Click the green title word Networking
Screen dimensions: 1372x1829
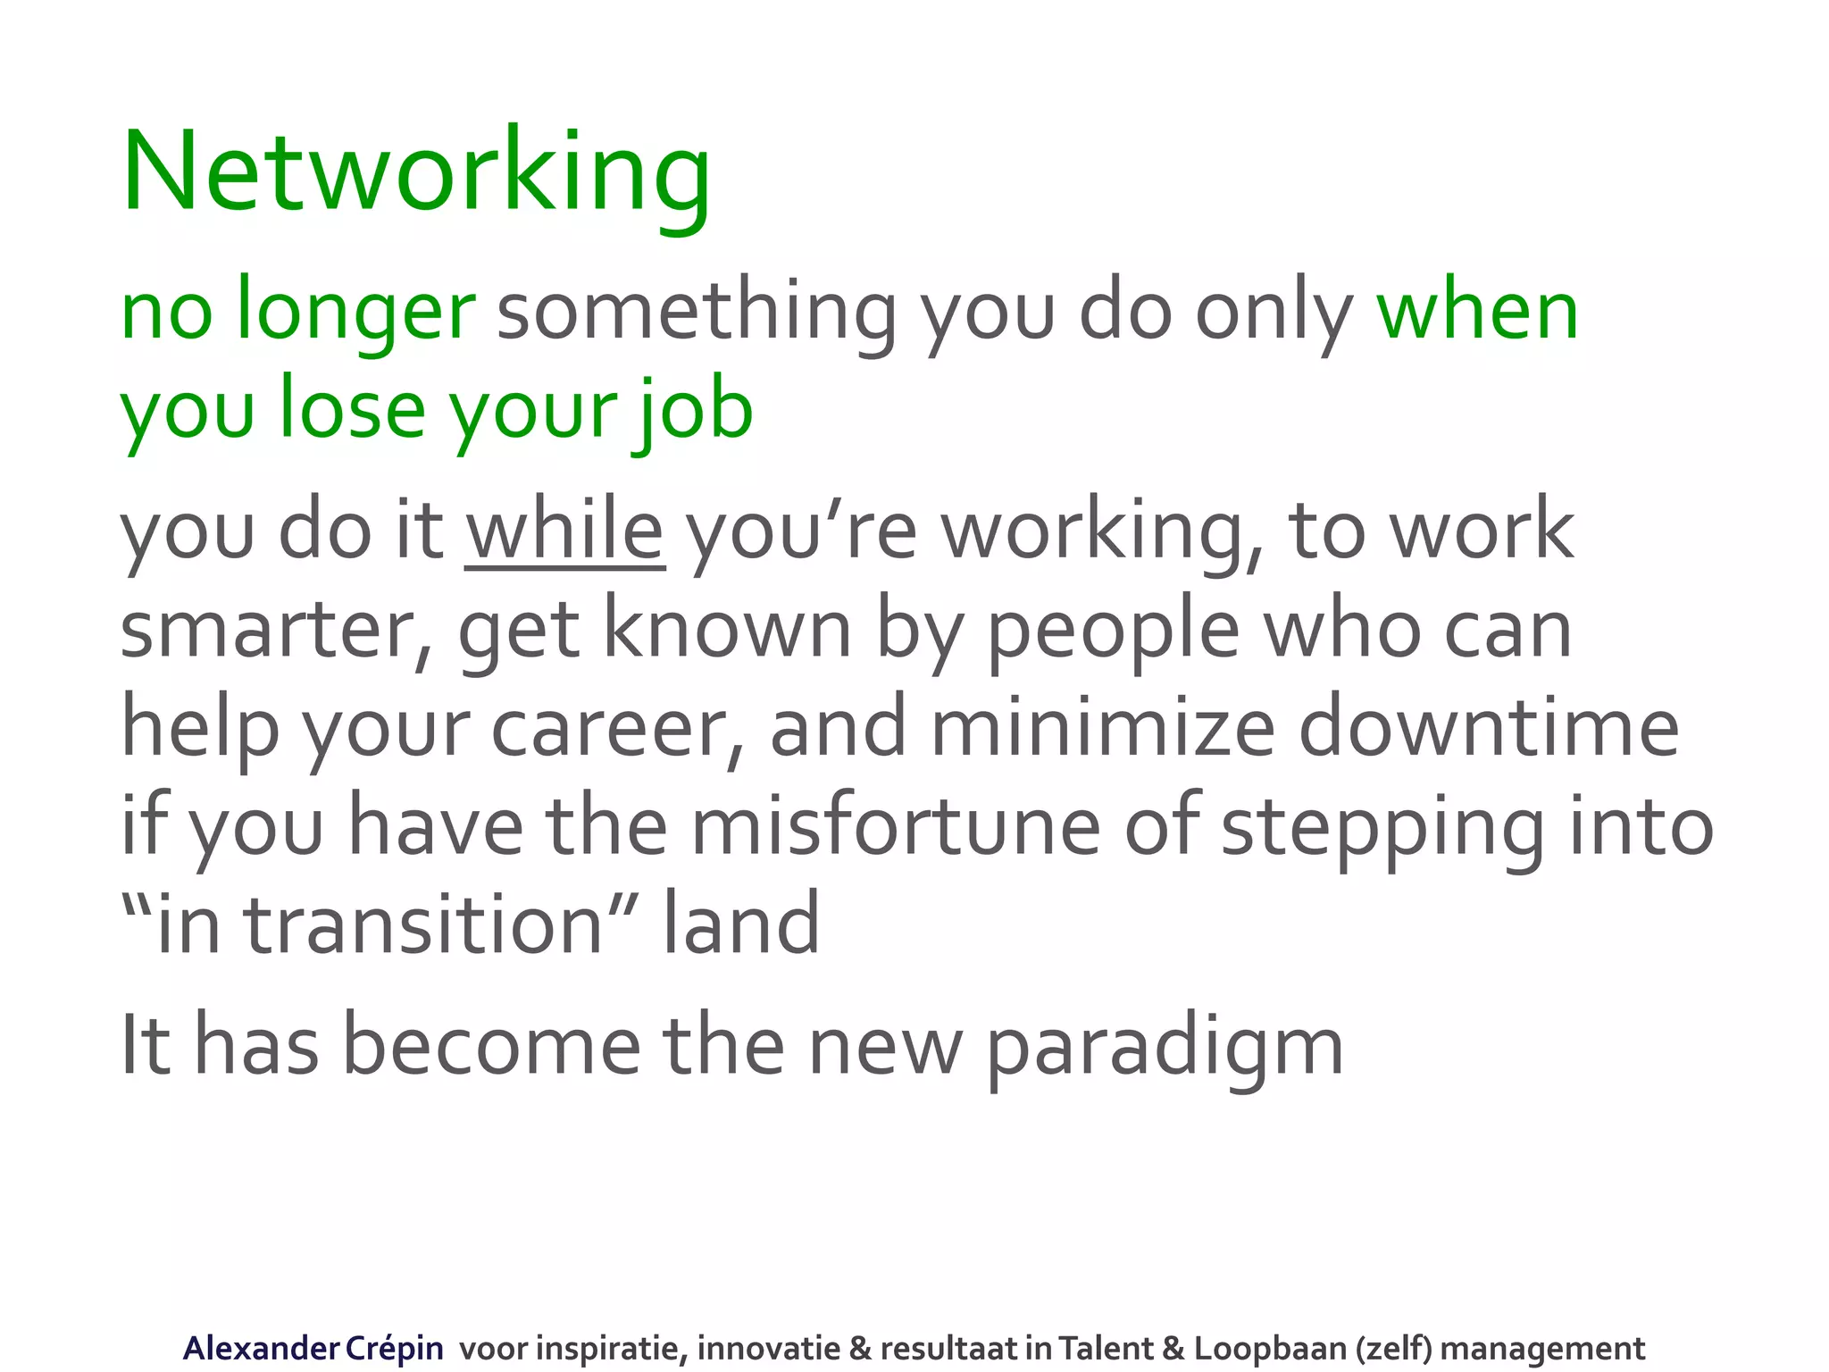pos(416,172)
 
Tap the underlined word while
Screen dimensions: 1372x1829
pos(564,532)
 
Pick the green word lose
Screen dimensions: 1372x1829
pos(352,411)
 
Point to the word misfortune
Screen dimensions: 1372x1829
pos(896,827)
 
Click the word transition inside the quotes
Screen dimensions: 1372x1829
pos(425,925)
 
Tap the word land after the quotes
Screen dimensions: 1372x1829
pos(740,925)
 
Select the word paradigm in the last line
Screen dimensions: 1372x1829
pos(1165,1047)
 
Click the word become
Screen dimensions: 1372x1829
pos(492,1047)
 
